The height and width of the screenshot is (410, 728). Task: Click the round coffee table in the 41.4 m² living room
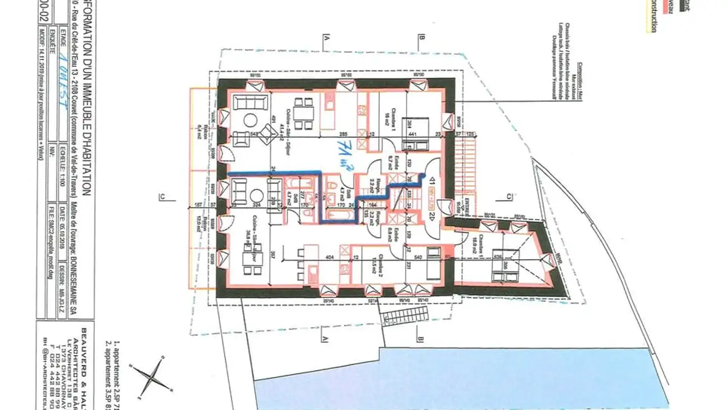[251, 121]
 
